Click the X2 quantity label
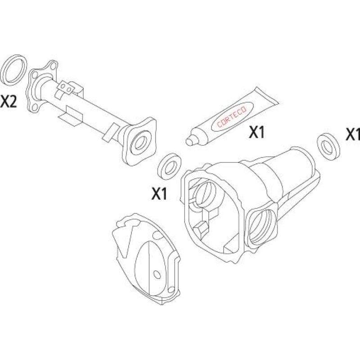(9, 101)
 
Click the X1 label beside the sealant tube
(256, 132)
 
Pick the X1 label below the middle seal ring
(159, 194)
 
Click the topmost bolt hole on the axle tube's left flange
(54, 66)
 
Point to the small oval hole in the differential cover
(157, 274)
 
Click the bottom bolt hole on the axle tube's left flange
(36, 107)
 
